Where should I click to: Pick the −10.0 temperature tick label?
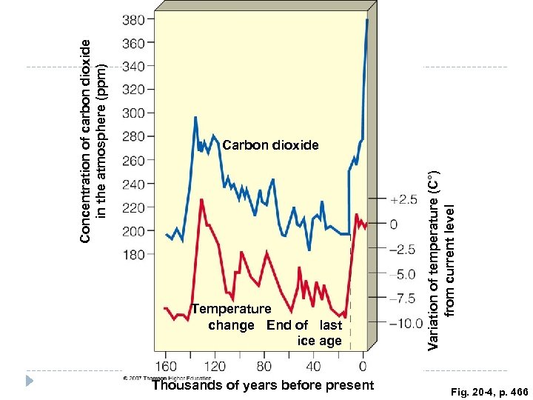[x=404, y=323]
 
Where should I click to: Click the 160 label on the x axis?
[x=165, y=366]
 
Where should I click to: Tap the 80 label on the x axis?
[x=264, y=366]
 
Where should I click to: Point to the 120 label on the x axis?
[x=215, y=366]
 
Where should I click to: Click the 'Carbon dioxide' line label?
[x=270, y=146]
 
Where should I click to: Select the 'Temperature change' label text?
[x=231, y=316]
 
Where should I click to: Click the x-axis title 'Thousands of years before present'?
[x=263, y=384]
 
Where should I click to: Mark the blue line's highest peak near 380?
[x=366, y=20]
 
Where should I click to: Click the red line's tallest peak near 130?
[x=201, y=199]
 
